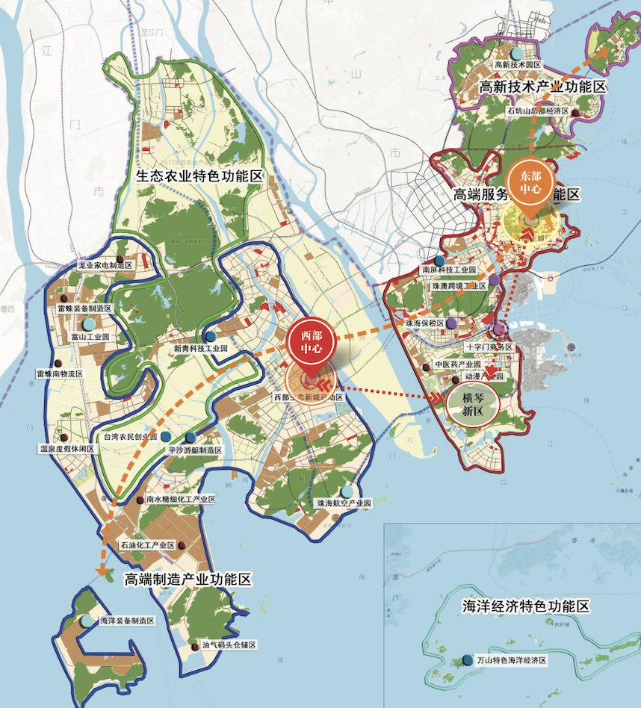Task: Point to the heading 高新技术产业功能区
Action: click(542, 87)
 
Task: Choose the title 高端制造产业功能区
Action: click(188, 580)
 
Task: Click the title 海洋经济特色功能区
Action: click(526, 606)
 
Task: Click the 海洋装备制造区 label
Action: click(127, 621)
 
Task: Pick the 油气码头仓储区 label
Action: click(229, 645)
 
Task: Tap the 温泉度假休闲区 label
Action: click(67, 449)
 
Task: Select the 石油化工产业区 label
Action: click(147, 545)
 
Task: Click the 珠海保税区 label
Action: click(424, 323)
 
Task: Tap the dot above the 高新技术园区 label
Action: click(517, 53)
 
